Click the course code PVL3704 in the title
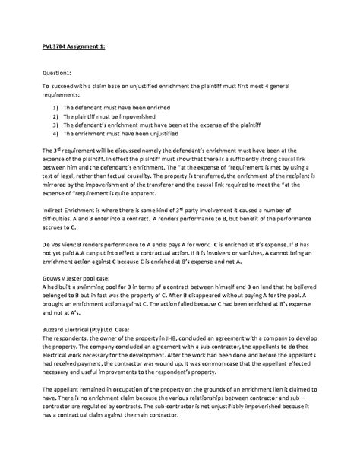coord(57,46)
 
